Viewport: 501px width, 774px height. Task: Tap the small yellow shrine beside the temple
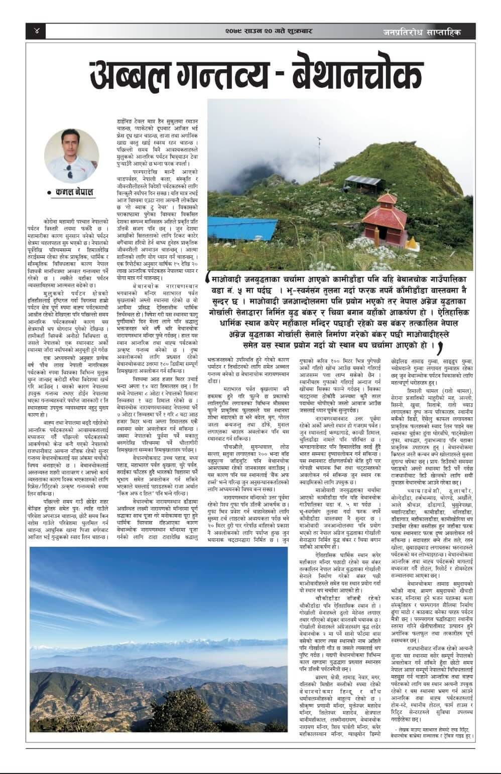[x=413, y=243]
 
